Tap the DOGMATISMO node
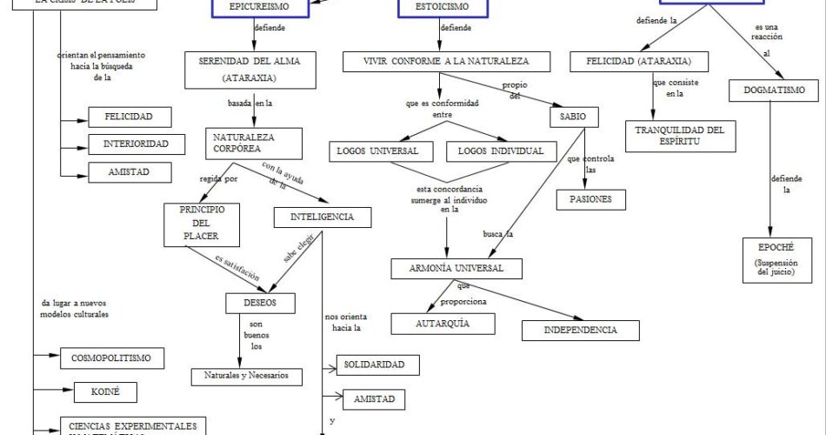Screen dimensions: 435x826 click(780, 90)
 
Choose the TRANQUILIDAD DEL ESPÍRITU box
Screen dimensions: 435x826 click(680, 136)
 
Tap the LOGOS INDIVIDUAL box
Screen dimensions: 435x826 click(500, 151)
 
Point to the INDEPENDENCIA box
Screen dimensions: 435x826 click(581, 330)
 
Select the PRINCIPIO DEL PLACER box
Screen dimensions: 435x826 click(201, 224)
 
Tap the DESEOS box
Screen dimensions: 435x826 click(260, 304)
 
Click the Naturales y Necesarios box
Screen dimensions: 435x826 click(247, 377)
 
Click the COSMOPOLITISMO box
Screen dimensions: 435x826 click(112, 358)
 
